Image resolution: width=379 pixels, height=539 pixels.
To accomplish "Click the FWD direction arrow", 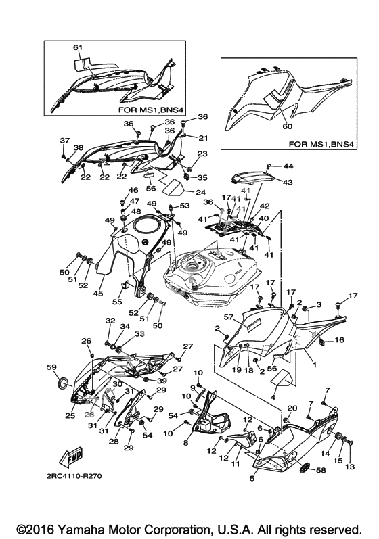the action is tap(72, 457).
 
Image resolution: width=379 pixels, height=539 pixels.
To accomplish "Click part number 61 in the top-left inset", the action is tap(78, 47).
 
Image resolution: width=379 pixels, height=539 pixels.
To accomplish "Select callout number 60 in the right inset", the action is tap(288, 126).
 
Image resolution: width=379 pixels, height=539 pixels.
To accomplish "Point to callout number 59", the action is tap(51, 367).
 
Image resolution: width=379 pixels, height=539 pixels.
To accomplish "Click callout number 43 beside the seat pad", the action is tap(288, 182).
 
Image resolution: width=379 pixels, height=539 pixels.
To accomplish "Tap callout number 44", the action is tap(288, 166).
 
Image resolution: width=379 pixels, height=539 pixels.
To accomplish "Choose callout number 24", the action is tap(201, 193).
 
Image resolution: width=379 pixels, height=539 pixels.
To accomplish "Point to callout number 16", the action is tap(339, 340).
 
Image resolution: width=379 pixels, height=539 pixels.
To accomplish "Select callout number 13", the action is tap(351, 467).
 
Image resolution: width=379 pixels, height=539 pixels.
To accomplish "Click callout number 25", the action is tap(70, 416).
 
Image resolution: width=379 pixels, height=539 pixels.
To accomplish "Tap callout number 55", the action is tap(117, 302).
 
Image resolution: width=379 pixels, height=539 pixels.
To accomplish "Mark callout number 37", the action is tap(65, 140).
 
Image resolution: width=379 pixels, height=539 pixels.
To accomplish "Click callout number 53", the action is tap(185, 206).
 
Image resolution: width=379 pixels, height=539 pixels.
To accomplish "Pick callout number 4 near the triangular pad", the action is tap(273, 398).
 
